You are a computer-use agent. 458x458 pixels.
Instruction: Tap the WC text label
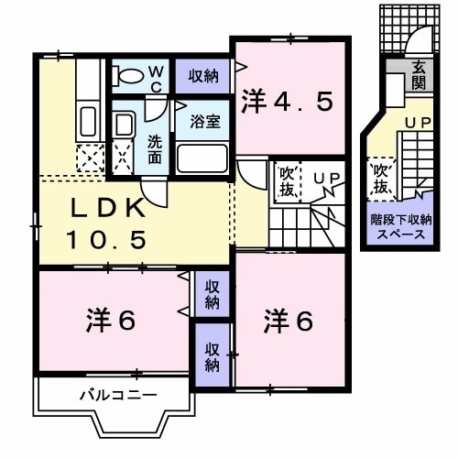[156, 78]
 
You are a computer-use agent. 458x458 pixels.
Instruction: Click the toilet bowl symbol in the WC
[130, 76]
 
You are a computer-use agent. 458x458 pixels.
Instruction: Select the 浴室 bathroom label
[203, 121]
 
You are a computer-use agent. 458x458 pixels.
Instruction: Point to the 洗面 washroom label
[155, 149]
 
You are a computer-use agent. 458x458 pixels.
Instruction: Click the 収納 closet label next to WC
[204, 75]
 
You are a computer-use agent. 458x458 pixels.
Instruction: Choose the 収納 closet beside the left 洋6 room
[212, 294]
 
